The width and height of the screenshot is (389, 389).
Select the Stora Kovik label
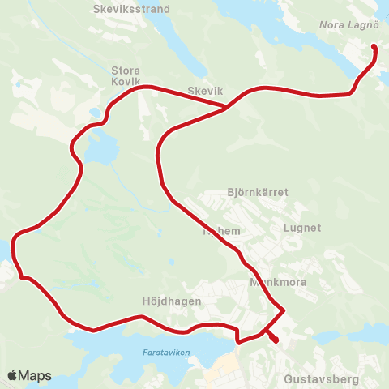coord(126,75)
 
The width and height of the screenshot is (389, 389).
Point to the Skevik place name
coord(204,92)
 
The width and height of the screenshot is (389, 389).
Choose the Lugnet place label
coord(302,229)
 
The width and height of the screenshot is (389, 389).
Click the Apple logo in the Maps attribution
coord(13,375)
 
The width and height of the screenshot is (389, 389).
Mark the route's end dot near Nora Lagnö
coord(374,47)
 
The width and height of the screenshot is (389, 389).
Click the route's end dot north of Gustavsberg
coord(276,340)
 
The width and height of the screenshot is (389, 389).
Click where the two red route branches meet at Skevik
coord(226,106)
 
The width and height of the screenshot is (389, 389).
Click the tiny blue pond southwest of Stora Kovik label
coord(96,113)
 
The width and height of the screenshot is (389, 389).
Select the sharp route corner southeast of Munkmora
coord(284,310)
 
